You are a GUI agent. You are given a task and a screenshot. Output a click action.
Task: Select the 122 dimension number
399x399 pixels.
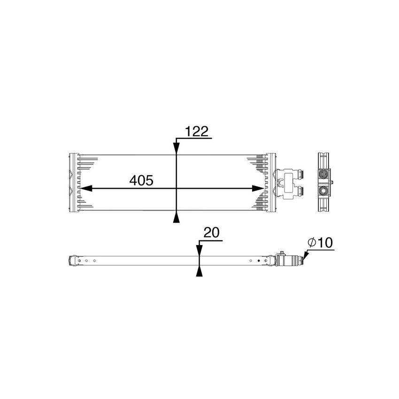(197, 132)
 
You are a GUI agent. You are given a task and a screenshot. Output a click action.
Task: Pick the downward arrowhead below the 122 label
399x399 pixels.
(176, 147)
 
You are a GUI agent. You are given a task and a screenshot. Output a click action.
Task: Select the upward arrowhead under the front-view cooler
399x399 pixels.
(176, 217)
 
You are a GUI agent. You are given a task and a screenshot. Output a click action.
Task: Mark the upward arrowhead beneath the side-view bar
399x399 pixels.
(199, 271)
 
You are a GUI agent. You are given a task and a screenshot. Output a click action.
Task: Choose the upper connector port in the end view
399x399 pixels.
(323, 174)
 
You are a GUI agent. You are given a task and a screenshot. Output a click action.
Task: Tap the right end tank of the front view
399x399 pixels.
(270, 183)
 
